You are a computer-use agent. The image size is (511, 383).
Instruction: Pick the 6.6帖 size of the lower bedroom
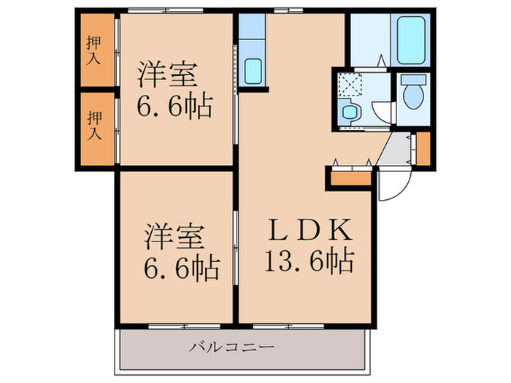(x=179, y=269)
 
